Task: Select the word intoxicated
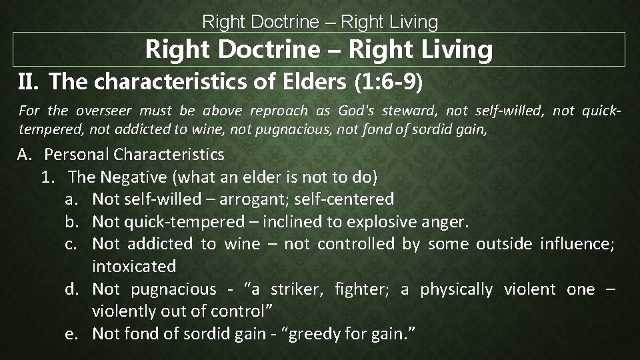(134, 266)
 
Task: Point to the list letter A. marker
(26, 155)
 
